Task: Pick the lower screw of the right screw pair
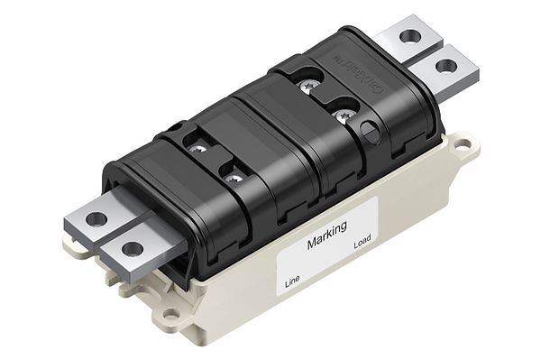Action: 343,115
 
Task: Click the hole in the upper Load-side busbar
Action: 410,38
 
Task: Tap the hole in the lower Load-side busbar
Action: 445,66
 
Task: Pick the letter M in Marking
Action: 312,244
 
